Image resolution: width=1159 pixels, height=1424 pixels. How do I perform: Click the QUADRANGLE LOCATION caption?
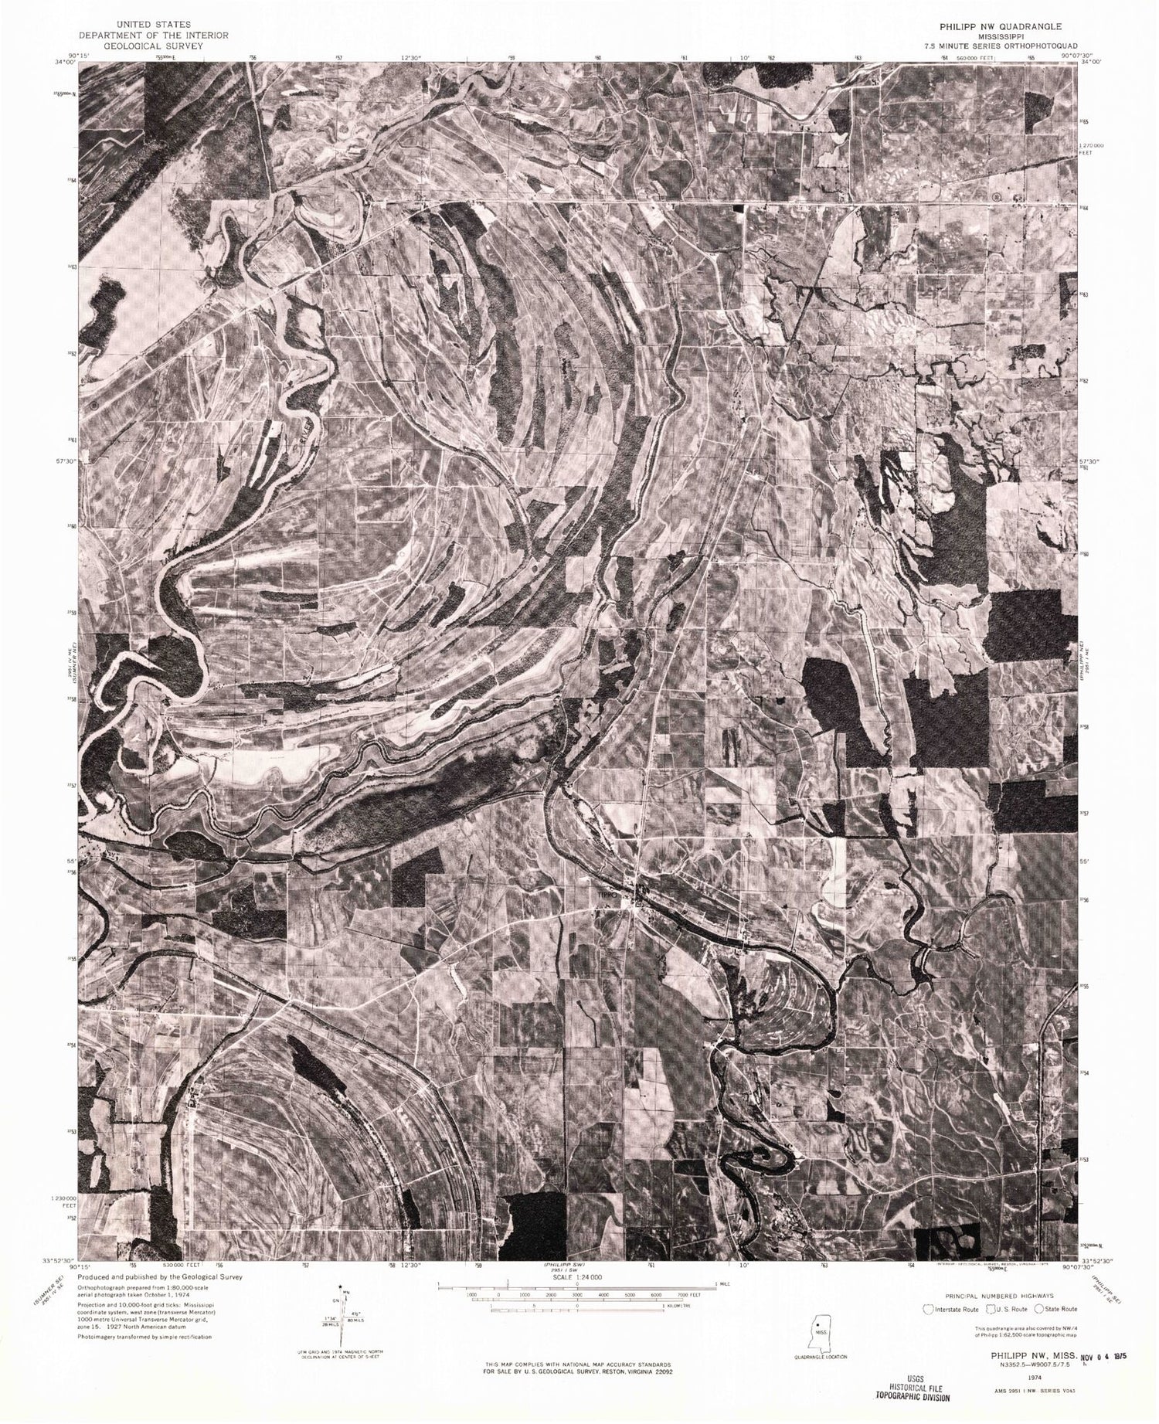pos(821,1356)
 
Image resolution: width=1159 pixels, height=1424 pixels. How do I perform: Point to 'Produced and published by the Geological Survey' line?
pos(161,1277)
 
